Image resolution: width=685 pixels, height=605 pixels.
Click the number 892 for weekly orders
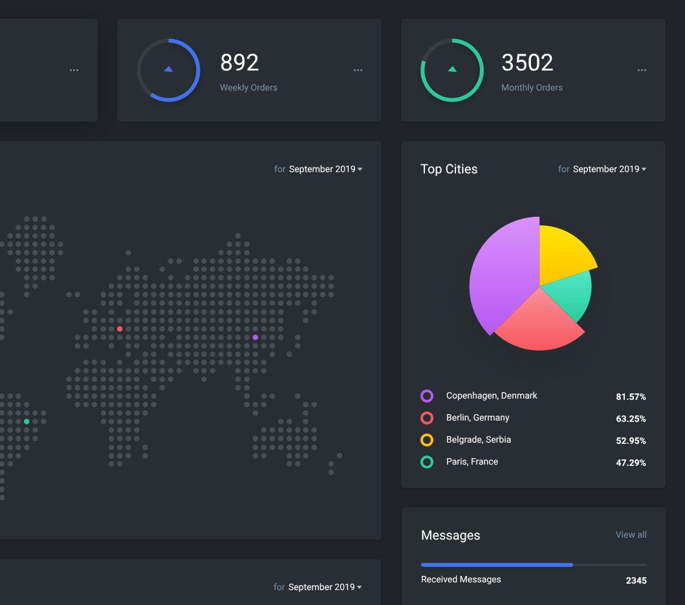[x=239, y=63]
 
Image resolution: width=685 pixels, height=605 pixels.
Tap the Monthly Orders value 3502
[x=527, y=63]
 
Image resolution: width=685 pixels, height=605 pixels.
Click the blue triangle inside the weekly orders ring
[x=168, y=69]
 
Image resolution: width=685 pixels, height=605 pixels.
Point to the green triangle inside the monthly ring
[x=452, y=69]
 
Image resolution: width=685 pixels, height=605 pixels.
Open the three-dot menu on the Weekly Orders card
[x=358, y=70]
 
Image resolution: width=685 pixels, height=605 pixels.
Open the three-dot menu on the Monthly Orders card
[x=642, y=70]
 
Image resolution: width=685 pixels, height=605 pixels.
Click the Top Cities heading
[x=449, y=169]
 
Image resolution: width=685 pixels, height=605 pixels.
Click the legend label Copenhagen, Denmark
[x=492, y=395]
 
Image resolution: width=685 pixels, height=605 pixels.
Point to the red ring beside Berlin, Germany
[x=427, y=418]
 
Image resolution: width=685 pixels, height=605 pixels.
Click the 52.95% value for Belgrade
[x=631, y=441]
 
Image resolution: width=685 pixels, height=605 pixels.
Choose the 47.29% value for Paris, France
[x=631, y=463]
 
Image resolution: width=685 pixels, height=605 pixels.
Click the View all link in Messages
[x=631, y=534]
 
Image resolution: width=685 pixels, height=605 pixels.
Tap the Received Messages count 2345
[x=636, y=580]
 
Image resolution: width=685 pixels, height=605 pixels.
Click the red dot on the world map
[x=120, y=329]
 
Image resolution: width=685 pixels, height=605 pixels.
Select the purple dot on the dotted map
[x=255, y=337]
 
